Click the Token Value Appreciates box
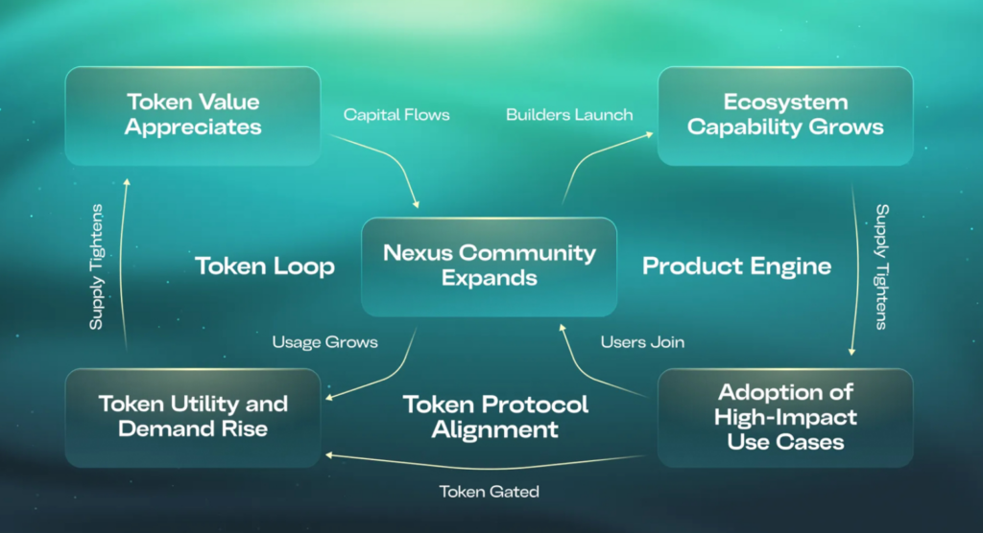pos(192,116)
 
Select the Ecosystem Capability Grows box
pos(785,116)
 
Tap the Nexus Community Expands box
pos(489,266)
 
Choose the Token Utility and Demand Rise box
pos(192,418)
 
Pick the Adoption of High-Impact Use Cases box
pos(785,418)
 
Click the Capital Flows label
pos(396,115)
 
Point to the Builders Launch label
pos(569,115)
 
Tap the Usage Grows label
pos(324,342)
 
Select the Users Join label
pos(642,342)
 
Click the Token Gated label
pos(489,492)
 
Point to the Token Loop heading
pos(265,266)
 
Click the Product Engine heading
pos(736,266)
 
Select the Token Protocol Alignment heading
pos(495,417)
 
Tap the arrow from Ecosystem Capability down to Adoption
pos(857,269)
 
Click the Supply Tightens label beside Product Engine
pos(882,266)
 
